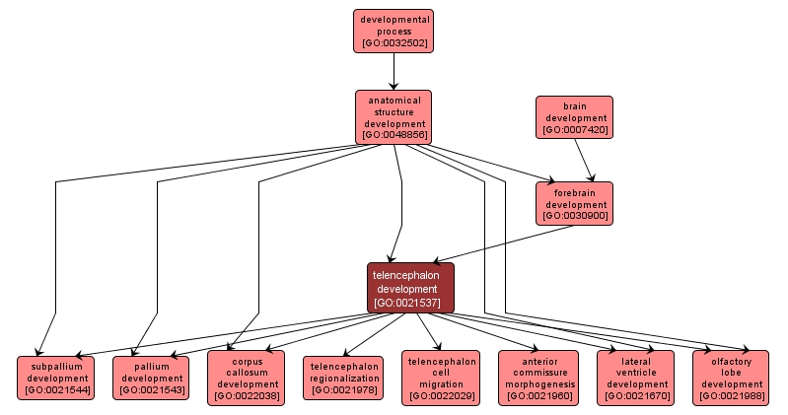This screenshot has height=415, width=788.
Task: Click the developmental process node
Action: (x=394, y=31)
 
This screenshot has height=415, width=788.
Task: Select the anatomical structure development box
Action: (x=394, y=117)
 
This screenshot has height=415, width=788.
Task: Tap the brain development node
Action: (x=574, y=117)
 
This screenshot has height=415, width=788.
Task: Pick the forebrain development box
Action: (x=574, y=202)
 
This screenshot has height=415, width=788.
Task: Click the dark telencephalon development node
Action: (x=410, y=287)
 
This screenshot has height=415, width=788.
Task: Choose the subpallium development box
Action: (x=56, y=378)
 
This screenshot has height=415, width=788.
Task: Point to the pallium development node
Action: (x=151, y=378)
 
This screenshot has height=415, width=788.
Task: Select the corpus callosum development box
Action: (x=246, y=378)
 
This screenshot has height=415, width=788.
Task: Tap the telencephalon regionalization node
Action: (x=341, y=378)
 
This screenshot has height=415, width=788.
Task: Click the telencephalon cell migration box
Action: (x=440, y=378)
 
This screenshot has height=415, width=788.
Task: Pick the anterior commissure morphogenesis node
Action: (x=538, y=378)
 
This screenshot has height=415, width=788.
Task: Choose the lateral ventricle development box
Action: (x=635, y=378)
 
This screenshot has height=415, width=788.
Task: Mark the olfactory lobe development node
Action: (x=731, y=378)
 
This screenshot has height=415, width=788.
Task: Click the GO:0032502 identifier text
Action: (x=394, y=43)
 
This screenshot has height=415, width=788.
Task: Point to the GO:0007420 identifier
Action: (x=574, y=130)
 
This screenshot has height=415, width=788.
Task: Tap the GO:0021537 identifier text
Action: (x=410, y=303)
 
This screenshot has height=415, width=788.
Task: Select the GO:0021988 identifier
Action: (x=731, y=396)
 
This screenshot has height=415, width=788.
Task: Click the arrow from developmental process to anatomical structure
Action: (x=394, y=71)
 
